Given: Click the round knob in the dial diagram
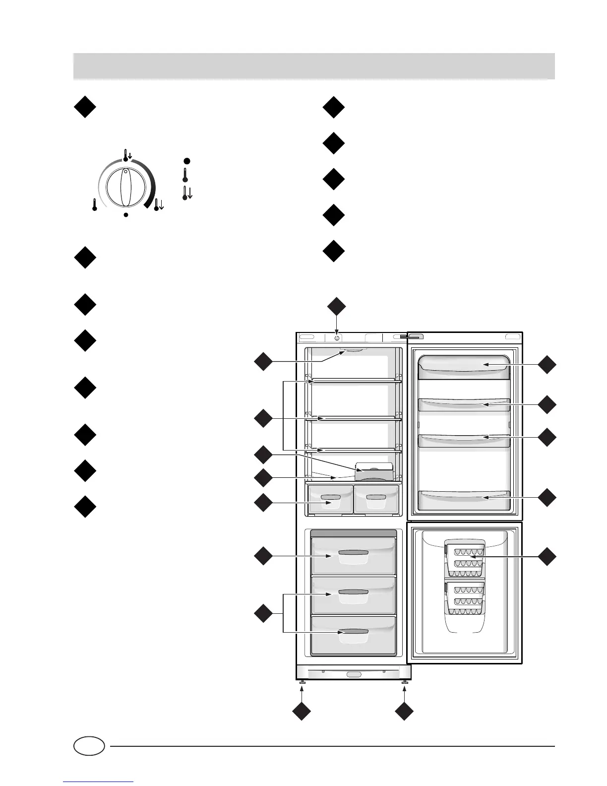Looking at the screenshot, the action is (126, 188).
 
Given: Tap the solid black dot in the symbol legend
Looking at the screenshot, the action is (186, 161).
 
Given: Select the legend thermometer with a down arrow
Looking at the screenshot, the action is (187, 193).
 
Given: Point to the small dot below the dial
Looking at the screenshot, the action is (126, 215).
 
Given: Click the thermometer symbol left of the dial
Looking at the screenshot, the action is (94, 204).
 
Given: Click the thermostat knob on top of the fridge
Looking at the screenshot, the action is (337, 337).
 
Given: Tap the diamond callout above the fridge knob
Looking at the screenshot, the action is (337, 306).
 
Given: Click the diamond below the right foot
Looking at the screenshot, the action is (405, 712).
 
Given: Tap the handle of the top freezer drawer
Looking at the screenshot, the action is (353, 553).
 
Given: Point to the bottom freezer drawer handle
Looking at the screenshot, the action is (353, 631).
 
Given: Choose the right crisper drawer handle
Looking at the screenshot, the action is (375, 497).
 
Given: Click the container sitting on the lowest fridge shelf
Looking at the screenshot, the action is (374, 472).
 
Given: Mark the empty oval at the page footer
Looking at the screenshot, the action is (89, 746).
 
